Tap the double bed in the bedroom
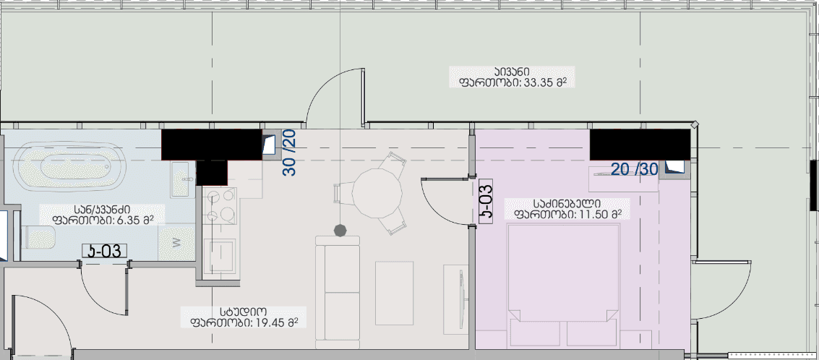(x=564, y=282)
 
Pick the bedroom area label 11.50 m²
(x=567, y=208)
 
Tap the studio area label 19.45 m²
(x=244, y=317)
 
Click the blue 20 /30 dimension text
(x=635, y=169)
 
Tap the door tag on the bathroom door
(x=105, y=251)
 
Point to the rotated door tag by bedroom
(x=486, y=201)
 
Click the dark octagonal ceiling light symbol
(x=340, y=230)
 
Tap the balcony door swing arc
(x=329, y=90)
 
